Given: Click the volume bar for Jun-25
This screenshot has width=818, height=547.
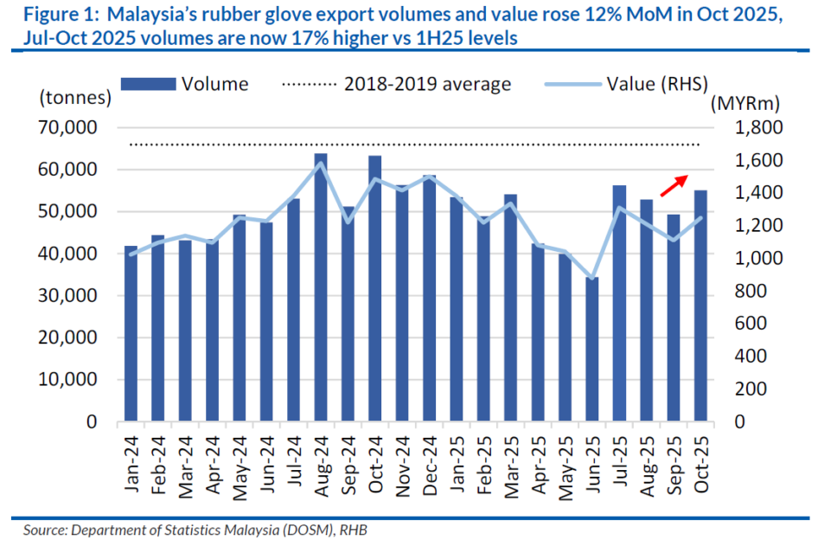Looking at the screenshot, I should tap(592, 350).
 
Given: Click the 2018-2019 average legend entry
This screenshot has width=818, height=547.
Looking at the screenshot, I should tap(397, 84).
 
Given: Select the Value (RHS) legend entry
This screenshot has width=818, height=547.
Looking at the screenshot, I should tap(627, 84).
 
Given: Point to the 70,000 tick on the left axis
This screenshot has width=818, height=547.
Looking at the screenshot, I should tap(68, 128).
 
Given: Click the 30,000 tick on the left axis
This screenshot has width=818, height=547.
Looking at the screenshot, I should tap(68, 296).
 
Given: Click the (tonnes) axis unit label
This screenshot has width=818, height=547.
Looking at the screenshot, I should tap(74, 99).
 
